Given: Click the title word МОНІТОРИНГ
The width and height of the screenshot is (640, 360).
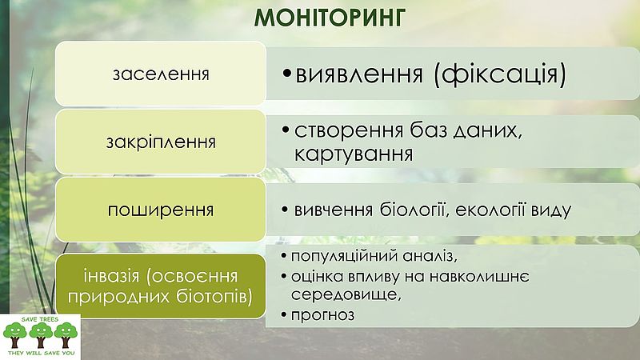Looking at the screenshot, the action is pyautogui.click(x=330, y=18).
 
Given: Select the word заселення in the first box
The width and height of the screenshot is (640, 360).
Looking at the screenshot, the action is pyautogui.click(x=161, y=74).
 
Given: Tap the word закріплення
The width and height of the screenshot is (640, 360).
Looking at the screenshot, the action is pyautogui.click(x=161, y=142).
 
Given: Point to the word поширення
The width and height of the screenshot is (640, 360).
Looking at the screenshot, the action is pyautogui.click(x=161, y=210).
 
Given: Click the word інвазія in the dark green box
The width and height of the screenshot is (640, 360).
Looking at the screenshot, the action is pyautogui.click(x=111, y=276).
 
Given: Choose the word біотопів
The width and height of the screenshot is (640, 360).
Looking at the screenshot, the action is pyautogui.click(x=214, y=296).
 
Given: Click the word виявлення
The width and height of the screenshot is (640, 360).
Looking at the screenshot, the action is pyautogui.click(x=359, y=74).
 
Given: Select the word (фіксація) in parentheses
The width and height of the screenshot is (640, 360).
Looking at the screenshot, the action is pyautogui.click(x=500, y=74).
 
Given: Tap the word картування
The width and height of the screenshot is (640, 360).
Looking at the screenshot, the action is pyautogui.click(x=354, y=154).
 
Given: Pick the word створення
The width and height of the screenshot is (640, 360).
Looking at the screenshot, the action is pyautogui.click(x=349, y=130).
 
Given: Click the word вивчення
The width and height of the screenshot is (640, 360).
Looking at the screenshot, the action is pyautogui.click(x=334, y=210).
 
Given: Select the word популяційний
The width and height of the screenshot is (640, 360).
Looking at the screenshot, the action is pyautogui.click(x=345, y=256).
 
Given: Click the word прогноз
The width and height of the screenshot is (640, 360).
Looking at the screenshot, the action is pyautogui.click(x=322, y=314).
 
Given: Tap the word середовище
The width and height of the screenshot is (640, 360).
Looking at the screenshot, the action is pyautogui.click(x=346, y=294).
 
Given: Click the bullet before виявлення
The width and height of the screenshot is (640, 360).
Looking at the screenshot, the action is pyautogui.click(x=287, y=74).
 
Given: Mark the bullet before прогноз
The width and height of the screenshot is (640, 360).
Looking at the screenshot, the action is pyautogui.click(x=284, y=314).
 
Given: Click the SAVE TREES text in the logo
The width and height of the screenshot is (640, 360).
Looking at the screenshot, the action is pyautogui.click(x=40, y=319).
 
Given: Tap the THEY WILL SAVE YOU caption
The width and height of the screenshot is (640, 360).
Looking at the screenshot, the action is pyautogui.click(x=42, y=353).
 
